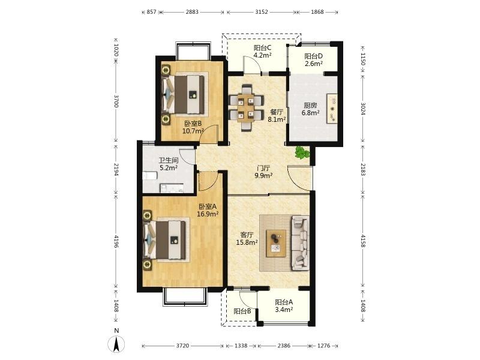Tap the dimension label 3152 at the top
tap(262, 12)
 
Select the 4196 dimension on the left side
tap(116, 242)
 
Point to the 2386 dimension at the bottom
tap(284, 346)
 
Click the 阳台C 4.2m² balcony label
tap(263, 52)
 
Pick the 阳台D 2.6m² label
tap(313, 60)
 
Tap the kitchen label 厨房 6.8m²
tap(310, 109)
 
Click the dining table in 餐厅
tap(246, 107)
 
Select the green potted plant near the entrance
tap(302, 152)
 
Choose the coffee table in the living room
tap(276, 244)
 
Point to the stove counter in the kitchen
tap(332, 109)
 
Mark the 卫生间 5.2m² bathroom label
tap(169, 164)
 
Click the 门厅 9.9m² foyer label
tap(263, 172)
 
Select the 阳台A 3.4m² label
tap(284, 306)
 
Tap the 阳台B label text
tap(242, 311)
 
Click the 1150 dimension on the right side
tap(363, 59)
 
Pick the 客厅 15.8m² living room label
tap(247, 239)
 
